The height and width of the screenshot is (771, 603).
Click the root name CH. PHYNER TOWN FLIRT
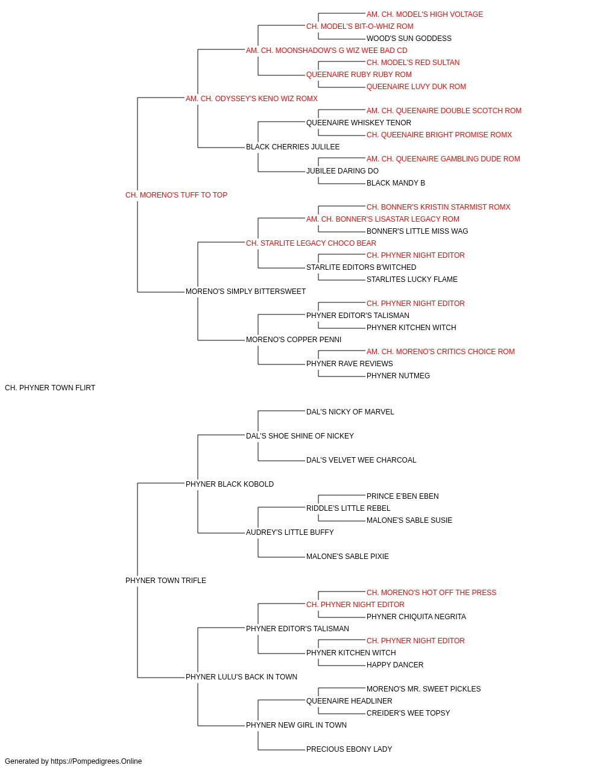50,388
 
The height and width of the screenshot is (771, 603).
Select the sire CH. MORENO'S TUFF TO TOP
176,195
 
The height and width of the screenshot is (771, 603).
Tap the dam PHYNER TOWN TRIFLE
165,581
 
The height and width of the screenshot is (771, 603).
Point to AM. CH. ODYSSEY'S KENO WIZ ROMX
251,99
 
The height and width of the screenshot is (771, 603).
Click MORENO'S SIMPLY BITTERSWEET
245,292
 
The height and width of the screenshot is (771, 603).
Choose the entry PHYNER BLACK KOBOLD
229,484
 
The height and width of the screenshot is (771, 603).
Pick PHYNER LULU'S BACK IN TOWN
241,677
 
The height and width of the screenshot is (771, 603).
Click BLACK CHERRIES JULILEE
292,147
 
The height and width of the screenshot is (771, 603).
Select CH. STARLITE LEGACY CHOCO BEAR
311,243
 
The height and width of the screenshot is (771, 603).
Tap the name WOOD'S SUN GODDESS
409,39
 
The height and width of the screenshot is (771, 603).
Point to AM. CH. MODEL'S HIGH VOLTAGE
425,14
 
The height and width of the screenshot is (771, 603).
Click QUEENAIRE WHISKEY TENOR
359,123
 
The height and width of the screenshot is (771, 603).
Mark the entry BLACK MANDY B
396,183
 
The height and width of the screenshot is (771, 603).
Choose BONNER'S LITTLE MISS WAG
417,231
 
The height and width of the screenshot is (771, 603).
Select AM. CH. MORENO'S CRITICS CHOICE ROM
440,352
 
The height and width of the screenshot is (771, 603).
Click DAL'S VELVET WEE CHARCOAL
361,460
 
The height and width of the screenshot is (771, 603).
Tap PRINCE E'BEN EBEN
402,496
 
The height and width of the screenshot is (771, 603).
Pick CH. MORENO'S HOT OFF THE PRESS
431,593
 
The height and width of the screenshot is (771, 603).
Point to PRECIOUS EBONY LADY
349,749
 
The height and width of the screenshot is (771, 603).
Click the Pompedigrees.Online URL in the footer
96,761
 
